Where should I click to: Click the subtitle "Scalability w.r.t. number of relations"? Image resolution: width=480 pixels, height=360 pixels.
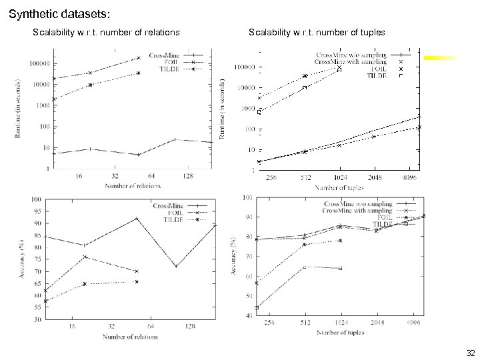(106, 32)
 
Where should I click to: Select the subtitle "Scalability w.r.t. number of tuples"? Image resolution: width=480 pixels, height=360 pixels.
(317, 32)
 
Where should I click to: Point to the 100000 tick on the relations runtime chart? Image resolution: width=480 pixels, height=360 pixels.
(39, 63)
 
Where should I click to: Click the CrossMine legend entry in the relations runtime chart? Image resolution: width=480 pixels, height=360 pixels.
(167, 55)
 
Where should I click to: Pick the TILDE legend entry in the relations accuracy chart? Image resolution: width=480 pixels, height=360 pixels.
(173, 219)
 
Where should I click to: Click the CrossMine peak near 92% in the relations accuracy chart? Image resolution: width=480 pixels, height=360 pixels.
(137, 218)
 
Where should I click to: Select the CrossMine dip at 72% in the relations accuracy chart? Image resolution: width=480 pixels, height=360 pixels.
(176, 267)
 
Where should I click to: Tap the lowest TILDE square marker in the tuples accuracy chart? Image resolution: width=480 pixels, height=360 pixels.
(257, 307)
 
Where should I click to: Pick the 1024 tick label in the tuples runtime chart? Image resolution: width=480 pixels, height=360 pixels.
(339, 178)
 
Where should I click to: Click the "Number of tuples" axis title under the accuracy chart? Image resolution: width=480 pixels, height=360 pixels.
(341, 332)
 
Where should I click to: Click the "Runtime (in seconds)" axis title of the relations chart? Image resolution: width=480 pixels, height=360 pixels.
(17, 109)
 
